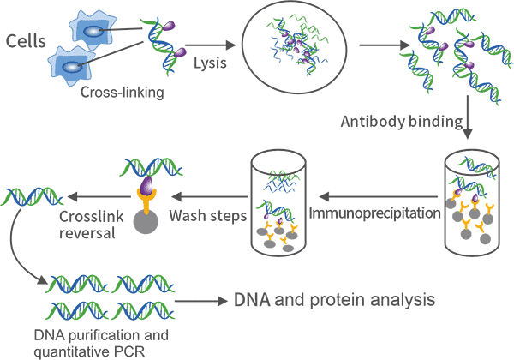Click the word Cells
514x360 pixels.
pos(27,40)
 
